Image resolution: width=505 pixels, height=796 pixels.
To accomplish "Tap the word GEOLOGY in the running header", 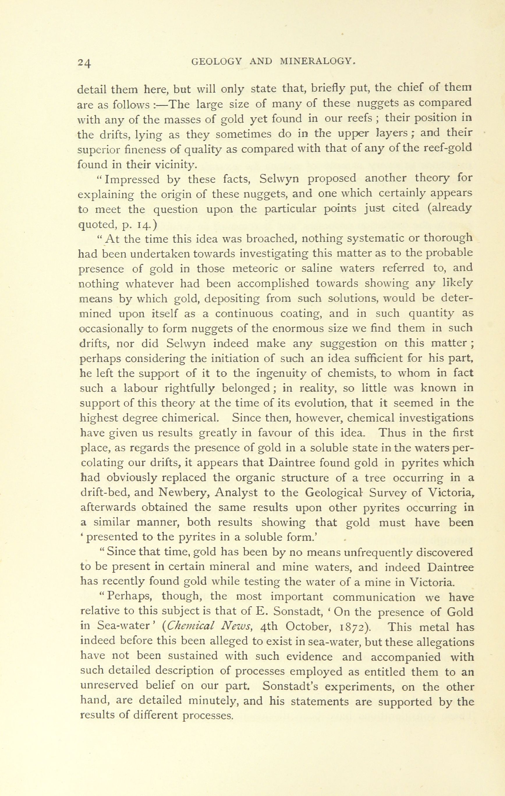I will [x=217, y=61].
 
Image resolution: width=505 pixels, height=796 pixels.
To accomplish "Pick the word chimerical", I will [x=190, y=418].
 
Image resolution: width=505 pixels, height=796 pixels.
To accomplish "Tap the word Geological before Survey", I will [x=334, y=493].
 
